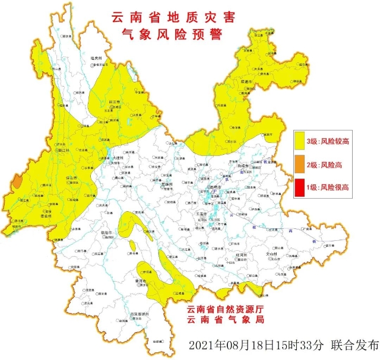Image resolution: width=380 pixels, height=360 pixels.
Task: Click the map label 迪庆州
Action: point(97,58)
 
